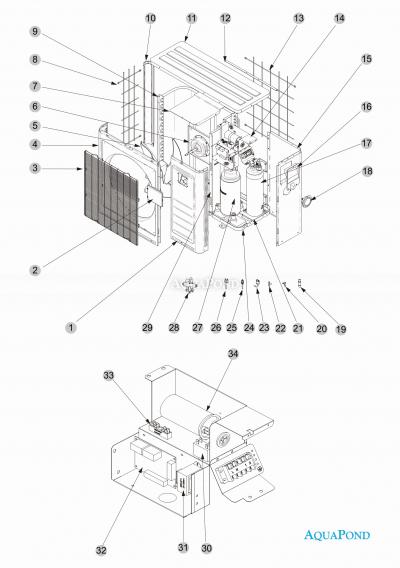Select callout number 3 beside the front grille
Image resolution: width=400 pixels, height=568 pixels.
coord(36,168)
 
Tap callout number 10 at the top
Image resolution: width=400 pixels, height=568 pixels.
coord(150,18)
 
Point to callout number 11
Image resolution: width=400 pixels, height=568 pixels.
coord(191,19)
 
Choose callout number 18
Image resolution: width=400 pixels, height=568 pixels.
coord(367,173)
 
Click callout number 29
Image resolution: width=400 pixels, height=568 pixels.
coord(146,327)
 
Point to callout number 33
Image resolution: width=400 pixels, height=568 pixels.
coord(109,374)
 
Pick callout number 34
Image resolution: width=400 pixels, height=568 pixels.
coord(233,354)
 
